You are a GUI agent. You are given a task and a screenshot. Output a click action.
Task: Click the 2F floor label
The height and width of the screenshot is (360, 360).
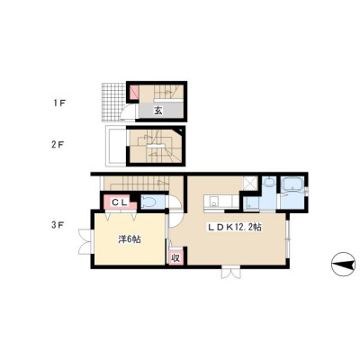click(57, 145)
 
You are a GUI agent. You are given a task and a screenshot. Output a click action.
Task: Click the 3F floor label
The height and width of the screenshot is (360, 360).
click(58, 225)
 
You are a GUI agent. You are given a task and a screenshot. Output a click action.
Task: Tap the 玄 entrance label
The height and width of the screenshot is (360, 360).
click(158, 111)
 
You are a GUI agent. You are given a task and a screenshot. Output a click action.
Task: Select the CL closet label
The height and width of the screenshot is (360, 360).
click(120, 202)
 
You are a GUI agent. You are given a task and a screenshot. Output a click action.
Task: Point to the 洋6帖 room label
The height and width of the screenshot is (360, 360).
click(130, 239)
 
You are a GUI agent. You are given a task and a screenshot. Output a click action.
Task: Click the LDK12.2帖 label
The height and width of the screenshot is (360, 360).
click(235, 228)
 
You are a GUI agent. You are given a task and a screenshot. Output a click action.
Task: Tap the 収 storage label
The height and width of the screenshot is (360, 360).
click(175, 257)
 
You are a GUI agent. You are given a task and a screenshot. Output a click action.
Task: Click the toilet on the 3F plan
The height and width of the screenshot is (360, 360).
click(148, 202)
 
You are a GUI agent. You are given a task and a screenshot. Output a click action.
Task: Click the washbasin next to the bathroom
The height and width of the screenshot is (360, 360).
click(269, 182)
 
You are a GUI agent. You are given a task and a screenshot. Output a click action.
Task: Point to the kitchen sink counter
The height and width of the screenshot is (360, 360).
click(221, 201)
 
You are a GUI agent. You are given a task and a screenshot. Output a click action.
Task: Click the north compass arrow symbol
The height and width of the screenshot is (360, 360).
click(345, 265)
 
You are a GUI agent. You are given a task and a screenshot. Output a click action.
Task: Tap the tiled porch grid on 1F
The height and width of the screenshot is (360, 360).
click(113, 102)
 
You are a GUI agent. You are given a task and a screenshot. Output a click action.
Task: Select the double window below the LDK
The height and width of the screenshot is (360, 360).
click(230, 272)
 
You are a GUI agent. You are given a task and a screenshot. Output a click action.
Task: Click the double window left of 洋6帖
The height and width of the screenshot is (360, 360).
click(85, 241)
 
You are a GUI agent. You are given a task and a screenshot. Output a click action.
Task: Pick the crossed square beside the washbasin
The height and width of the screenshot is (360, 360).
click(249, 183)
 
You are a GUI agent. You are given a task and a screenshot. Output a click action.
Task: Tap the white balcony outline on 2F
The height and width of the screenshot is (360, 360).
click(116, 146)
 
